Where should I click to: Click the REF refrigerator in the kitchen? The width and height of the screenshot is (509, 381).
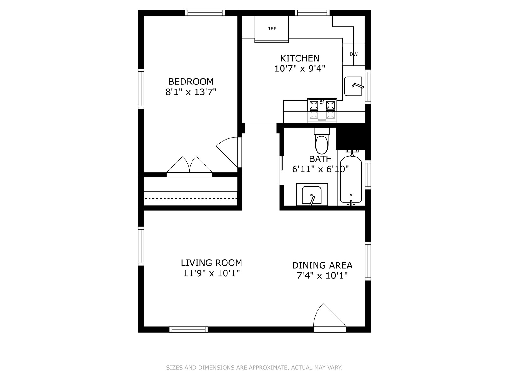[x=272, y=29]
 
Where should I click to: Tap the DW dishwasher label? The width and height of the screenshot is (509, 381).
[x=353, y=54]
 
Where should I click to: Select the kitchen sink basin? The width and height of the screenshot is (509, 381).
[x=353, y=86]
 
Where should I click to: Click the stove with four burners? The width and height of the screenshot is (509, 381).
[x=322, y=110]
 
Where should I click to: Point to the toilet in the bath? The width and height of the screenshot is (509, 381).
[x=322, y=141]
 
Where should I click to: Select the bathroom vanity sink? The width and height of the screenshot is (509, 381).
[x=312, y=194]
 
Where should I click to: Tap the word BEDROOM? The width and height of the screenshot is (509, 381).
[x=191, y=82]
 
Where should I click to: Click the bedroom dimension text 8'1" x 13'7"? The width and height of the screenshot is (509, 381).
[x=191, y=92]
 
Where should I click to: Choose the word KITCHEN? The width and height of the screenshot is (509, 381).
[x=300, y=58]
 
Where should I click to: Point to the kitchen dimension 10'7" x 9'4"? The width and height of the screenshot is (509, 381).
[x=300, y=69]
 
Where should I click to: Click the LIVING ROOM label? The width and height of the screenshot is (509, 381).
[x=212, y=263]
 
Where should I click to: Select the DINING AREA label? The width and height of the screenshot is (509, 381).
[x=322, y=265]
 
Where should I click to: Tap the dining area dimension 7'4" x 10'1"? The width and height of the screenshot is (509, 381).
[x=322, y=276]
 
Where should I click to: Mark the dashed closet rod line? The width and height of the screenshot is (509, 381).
[x=191, y=198]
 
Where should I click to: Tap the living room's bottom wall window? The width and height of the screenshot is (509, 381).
[x=189, y=330]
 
